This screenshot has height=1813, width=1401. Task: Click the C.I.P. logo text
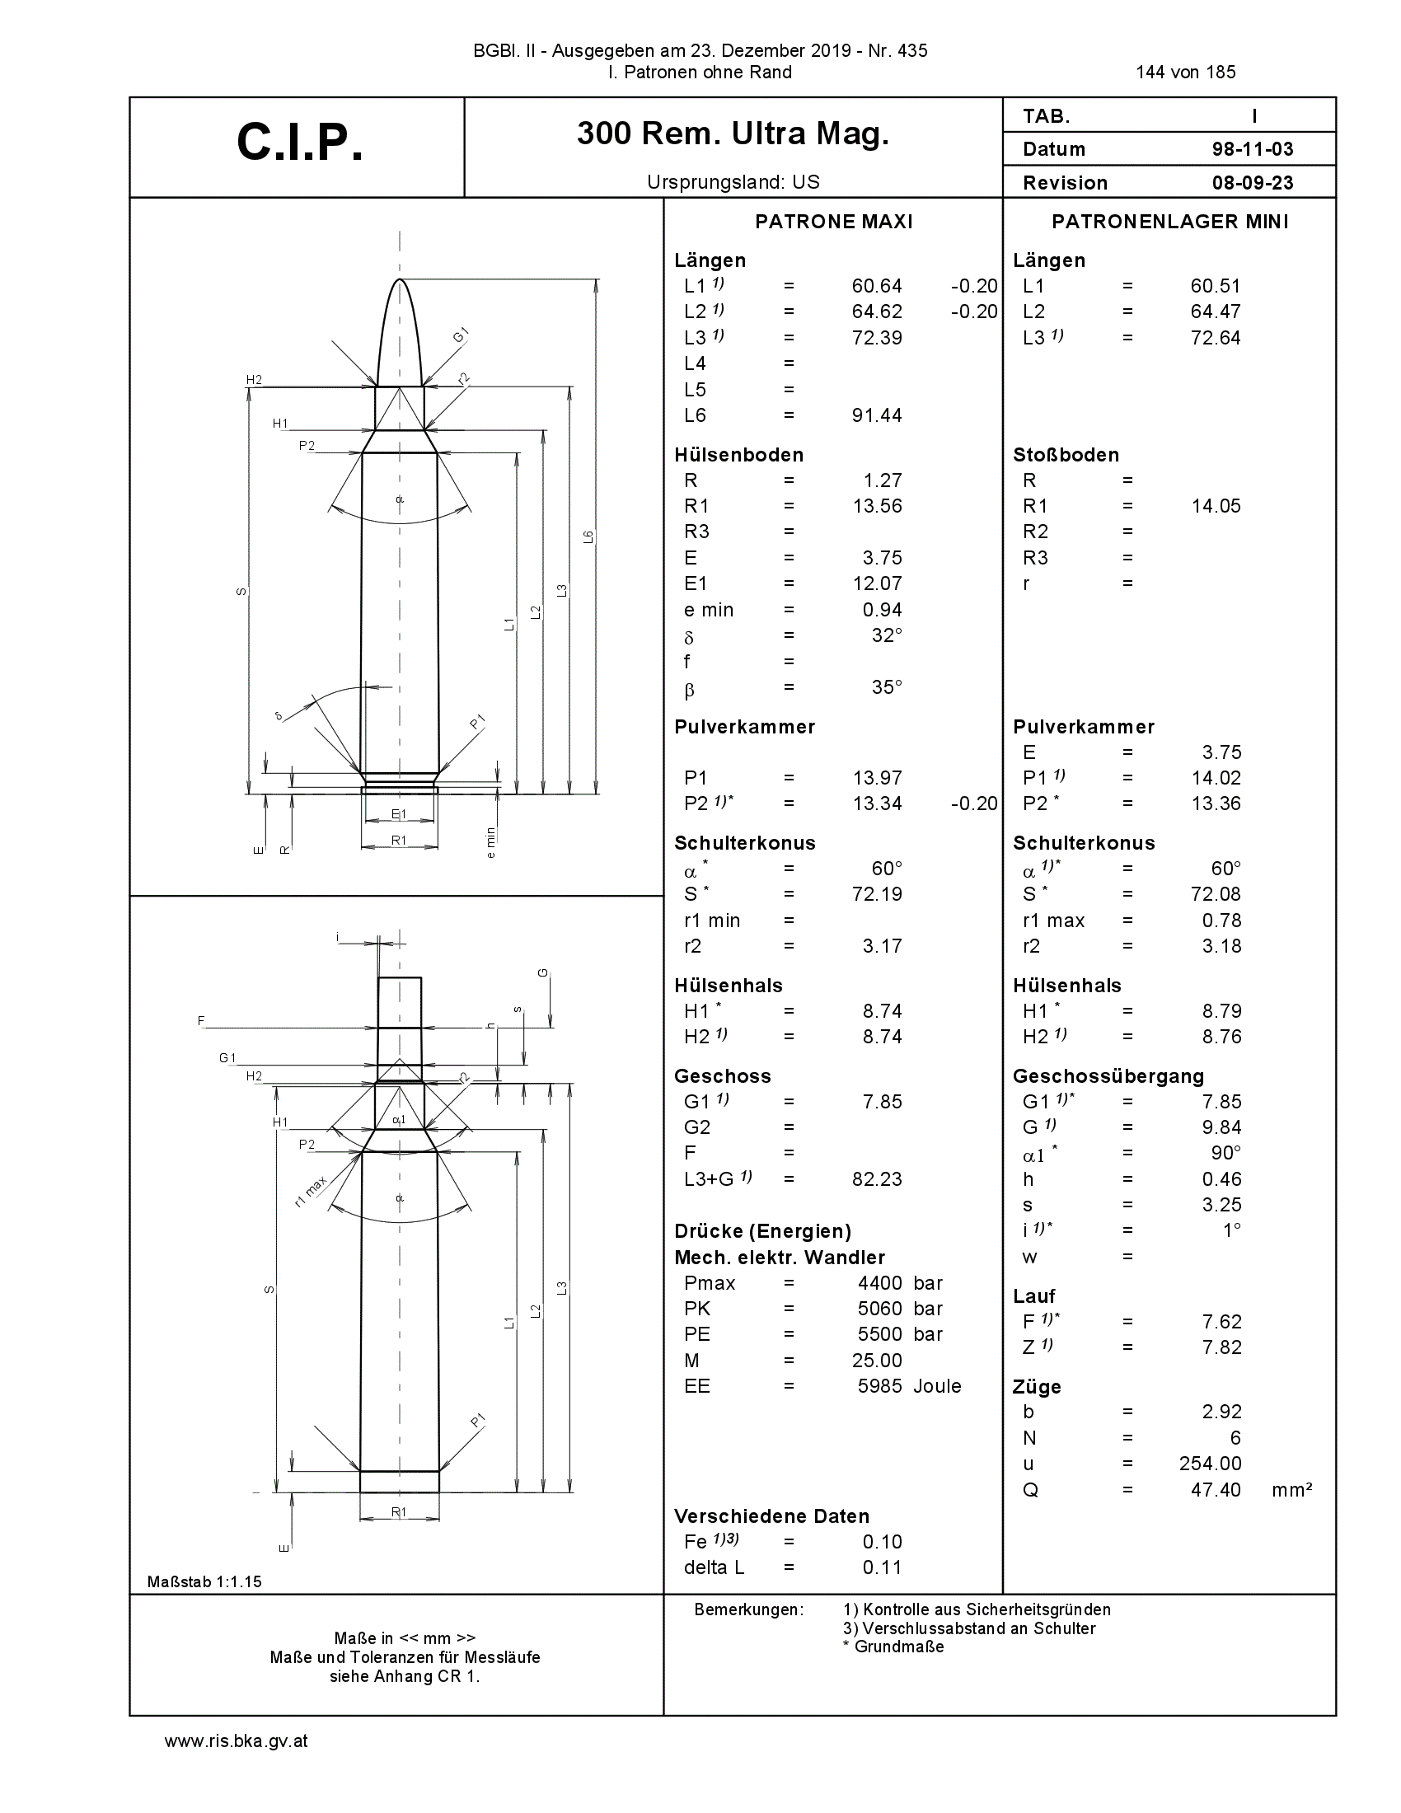tap(300, 143)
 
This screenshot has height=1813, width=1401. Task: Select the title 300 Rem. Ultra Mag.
tap(733, 134)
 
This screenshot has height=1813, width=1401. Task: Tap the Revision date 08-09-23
tap(1253, 183)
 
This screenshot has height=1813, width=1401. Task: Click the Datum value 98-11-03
tap(1253, 149)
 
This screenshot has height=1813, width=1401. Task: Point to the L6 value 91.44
tap(877, 415)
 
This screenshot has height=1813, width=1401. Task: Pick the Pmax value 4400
tap(880, 1283)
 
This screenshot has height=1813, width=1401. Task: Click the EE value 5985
tap(880, 1386)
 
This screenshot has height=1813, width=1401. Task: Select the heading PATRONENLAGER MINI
tap(1170, 222)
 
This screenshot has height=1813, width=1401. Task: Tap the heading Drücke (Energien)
tap(763, 1232)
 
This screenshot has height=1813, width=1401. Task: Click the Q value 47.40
tap(1216, 1490)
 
